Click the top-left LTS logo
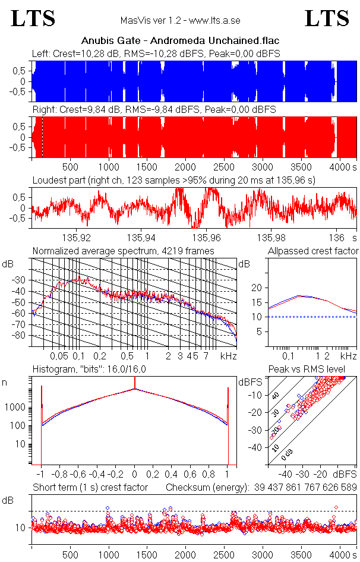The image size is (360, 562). (x=33, y=18)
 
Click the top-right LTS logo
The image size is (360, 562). (x=327, y=18)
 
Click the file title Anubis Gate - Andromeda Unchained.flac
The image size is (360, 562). (x=180, y=41)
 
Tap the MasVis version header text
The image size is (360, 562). (x=180, y=21)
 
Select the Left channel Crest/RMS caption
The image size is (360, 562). (x=156, y=54)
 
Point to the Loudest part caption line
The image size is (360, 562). (x=173, y=180)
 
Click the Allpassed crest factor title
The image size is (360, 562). (x=313, y=251)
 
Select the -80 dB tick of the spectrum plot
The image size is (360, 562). (x=21, y=335)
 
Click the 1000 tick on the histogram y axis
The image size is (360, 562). (x=16, y=408)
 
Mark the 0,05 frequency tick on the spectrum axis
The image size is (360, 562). (x=59, y=356)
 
